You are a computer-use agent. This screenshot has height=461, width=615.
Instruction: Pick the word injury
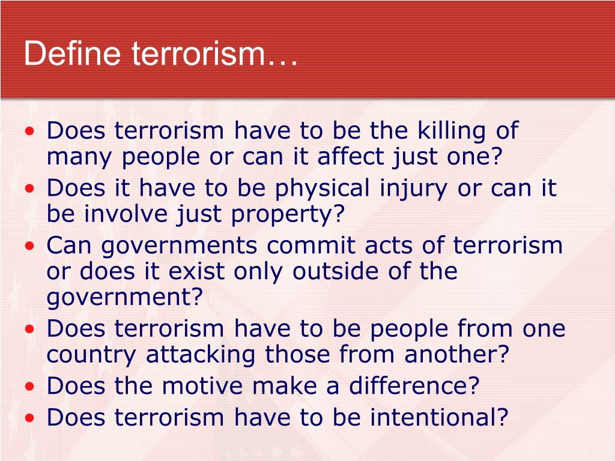point(414,189)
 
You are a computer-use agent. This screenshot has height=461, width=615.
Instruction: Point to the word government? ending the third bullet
point(123,298)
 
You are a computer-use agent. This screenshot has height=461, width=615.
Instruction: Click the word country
point(91,355)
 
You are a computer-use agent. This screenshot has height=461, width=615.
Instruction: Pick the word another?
point(456,355)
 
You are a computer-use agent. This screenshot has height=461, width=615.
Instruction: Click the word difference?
point(417,386)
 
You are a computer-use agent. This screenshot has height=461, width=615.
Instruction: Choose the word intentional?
point(439,417)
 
